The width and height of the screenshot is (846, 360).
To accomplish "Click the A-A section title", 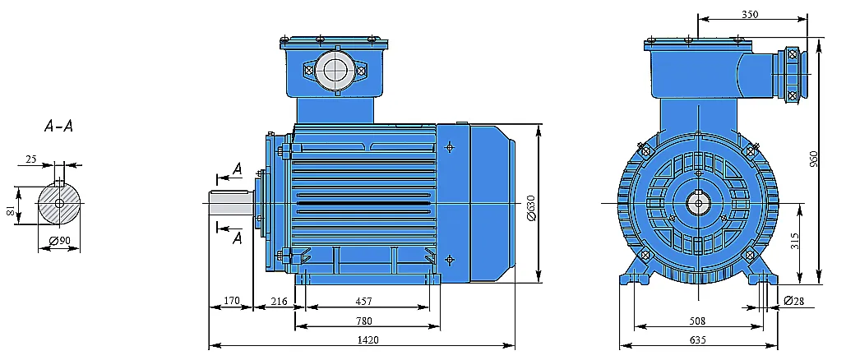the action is [58, 127].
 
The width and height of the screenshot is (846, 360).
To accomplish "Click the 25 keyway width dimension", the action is [31, 159].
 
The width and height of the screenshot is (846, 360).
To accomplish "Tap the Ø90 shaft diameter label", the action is [60, 241].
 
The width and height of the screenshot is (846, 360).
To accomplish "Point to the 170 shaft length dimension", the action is [231, 301].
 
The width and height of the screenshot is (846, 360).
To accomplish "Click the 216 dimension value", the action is [279, 301].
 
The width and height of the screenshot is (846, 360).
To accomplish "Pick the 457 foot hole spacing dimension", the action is [363, 301].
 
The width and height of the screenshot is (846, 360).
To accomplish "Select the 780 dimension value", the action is [363, 321].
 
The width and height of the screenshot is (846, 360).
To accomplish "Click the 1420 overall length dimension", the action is [368, 339].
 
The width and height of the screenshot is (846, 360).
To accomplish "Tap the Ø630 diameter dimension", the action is [530, 207].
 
